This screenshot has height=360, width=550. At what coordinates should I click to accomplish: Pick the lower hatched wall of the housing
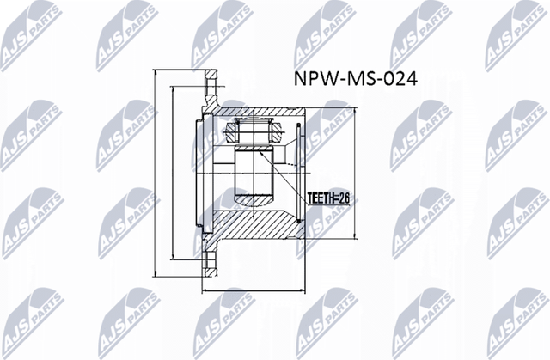coord(258,228)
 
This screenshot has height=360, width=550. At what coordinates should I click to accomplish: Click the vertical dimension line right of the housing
coord(356,172)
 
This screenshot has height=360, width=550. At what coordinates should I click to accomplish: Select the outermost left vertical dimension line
coord(154,172)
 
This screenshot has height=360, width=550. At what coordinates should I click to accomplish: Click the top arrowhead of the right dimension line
coord(356,113)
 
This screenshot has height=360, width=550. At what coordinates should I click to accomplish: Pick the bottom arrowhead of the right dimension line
coord(356,234)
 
